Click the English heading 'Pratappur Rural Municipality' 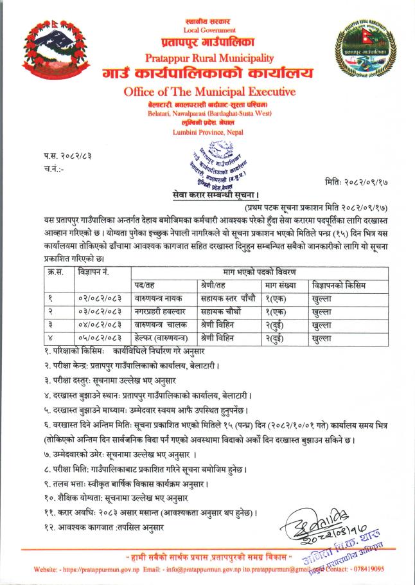pyautogui.click(x=209, y=58)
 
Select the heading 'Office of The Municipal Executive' pyautogui.click(x=209, y=92)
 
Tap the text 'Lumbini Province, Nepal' pyautogui.click(x=207, y=132)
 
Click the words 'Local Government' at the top pyautogui.click(x=209, y=30)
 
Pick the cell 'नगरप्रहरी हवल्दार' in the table pyautogui.click(x=160, y=311)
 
